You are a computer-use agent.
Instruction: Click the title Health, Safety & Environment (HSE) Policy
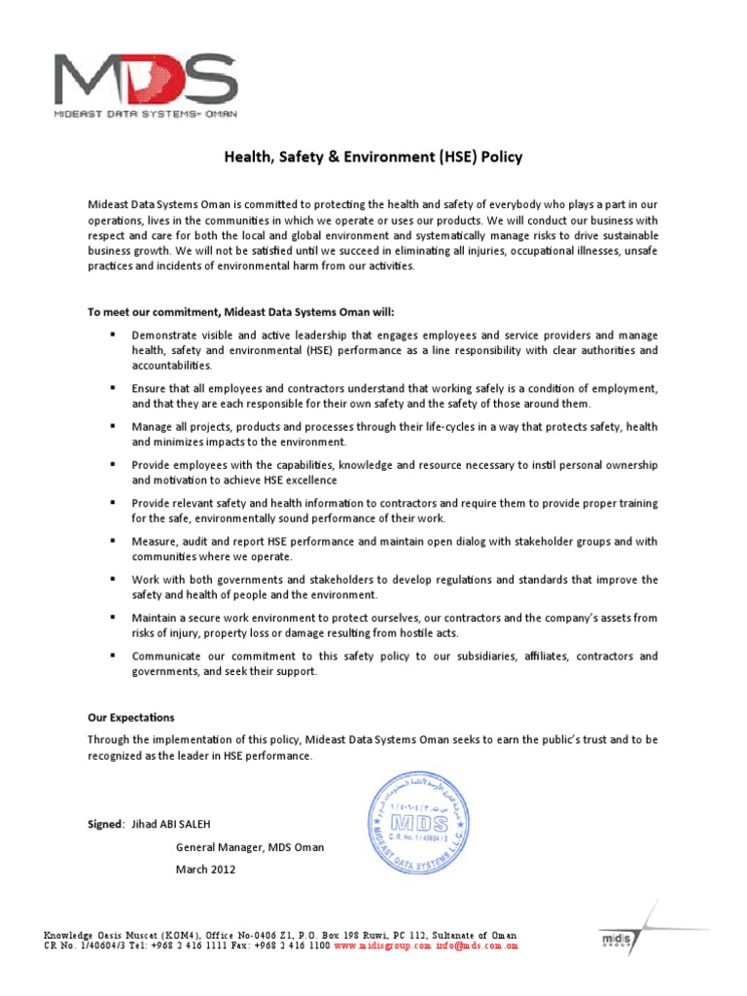[373, 156]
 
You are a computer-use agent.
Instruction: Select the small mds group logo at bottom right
[616, 939]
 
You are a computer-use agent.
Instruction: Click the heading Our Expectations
[131, 718]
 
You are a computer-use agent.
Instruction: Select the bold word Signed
[105, 824]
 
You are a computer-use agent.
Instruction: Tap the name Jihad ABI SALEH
[177, 824]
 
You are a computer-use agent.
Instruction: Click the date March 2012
[205, 870]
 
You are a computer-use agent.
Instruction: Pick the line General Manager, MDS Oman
[250, 847]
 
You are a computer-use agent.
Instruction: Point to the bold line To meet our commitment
[241, 311]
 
